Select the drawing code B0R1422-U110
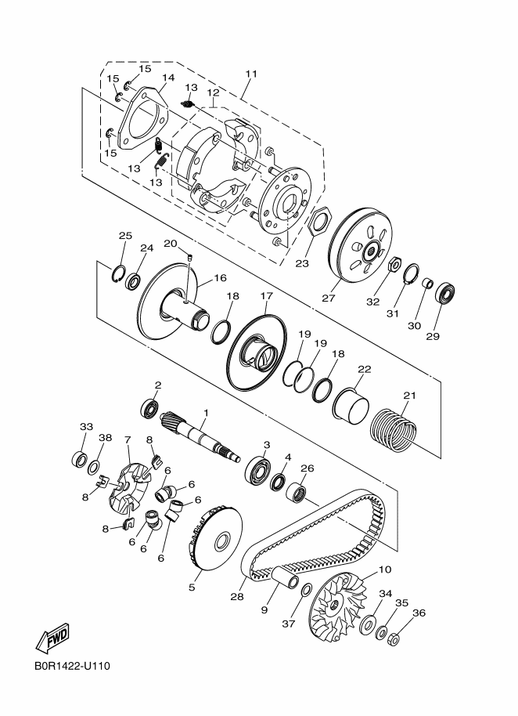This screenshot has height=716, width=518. [x=72, y=666]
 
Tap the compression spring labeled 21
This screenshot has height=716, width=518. [x=394, y=429]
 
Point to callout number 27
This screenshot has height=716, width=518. [x=329, y=298]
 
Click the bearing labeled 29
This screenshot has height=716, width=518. [x=445, y=293]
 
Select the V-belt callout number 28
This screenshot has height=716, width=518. [x=237, y=596]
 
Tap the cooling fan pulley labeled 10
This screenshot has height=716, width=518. [x=338, y=605]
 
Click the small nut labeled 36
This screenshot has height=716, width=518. [x=394, y=640]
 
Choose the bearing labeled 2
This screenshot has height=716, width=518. [x=150, y=408]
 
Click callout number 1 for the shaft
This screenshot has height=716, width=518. [x=206, y=413]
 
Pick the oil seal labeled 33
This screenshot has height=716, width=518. [x=80, y=458]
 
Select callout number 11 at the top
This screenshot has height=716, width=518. [x=251, y=74]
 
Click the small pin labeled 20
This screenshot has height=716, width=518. [x=191, y=258]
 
